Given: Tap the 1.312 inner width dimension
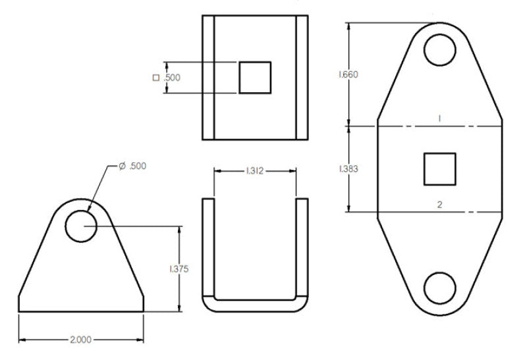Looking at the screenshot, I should pos(255,171).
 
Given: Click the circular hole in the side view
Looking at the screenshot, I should pos(81,226).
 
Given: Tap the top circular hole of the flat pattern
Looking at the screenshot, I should pos(439,49).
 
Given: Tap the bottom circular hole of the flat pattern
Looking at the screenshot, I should pos(439,288).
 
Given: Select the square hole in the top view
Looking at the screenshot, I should pos(255,78).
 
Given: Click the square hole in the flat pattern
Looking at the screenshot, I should pos(439,168).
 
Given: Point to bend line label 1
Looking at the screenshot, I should pos(439,117).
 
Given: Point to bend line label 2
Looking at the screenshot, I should pos(439,205).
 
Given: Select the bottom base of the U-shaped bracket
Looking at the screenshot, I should pos(255,306).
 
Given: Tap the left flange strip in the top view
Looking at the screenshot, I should pos(208,78).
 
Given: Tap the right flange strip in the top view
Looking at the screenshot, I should pos(302,78).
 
